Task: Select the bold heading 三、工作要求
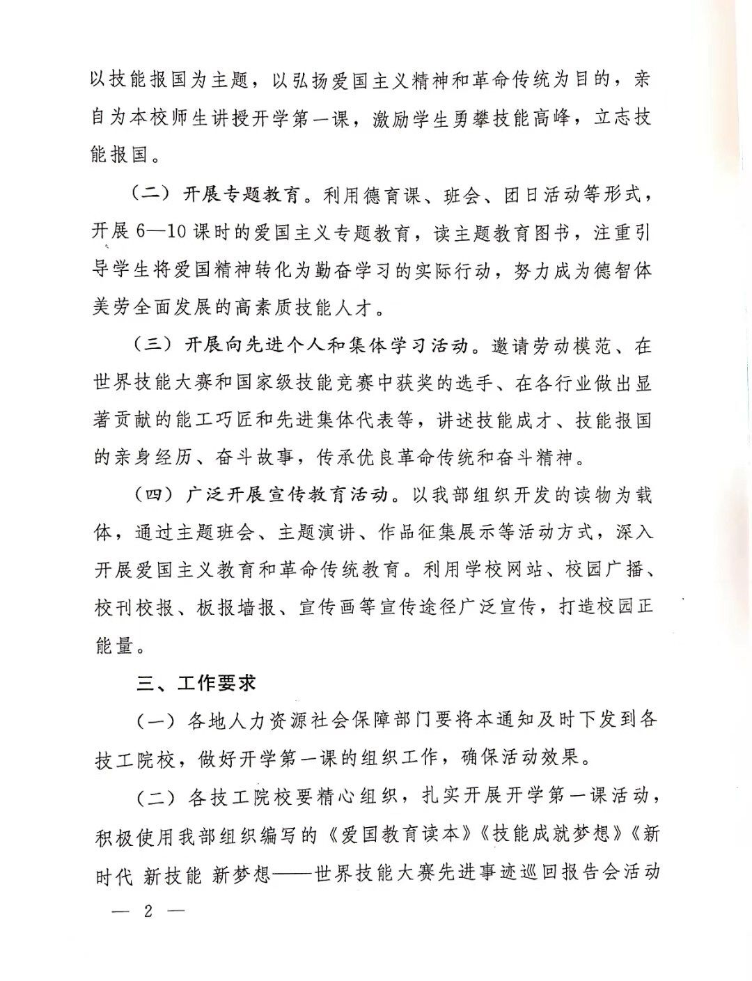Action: click(196, 684)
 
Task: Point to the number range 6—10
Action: click(162, 232)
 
